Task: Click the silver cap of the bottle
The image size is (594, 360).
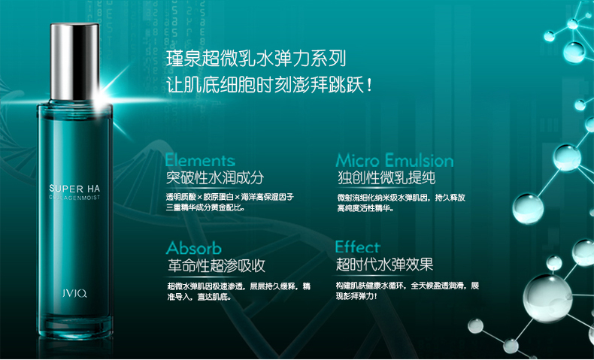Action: [74, 62]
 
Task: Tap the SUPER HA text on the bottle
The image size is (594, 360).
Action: [74, 188]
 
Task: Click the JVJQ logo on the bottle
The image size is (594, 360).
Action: [74, 293]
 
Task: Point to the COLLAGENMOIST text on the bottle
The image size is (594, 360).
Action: [74, 198]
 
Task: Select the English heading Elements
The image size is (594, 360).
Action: [200, 160]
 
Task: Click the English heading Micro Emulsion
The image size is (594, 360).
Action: [394, 160]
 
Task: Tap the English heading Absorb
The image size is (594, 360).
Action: [193, 248]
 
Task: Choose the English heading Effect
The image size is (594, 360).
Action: [357, 247]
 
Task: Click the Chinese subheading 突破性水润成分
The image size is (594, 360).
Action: [215, 178]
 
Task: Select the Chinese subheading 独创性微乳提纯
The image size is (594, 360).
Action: [386, 178]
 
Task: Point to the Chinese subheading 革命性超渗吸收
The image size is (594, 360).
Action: [217, 266]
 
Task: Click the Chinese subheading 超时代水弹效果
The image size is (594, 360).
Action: [384, 265]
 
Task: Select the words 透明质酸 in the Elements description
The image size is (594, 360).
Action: [180, 198]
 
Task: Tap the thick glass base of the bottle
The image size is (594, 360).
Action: [75, 325]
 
